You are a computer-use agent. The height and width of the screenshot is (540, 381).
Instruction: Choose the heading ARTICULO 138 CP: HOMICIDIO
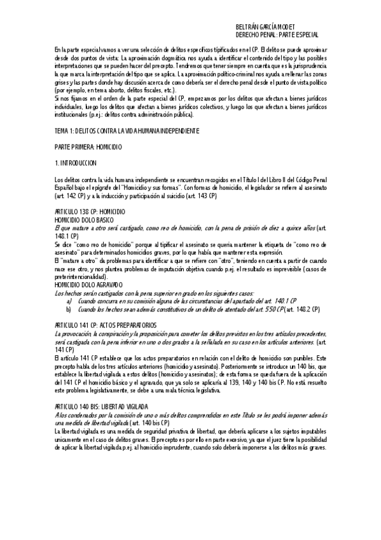coord(90,211)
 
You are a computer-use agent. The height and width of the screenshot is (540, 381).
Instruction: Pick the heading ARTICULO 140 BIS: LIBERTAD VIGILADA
coord(102,388)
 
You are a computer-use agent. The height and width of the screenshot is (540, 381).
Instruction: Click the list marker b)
coord(69,291)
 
